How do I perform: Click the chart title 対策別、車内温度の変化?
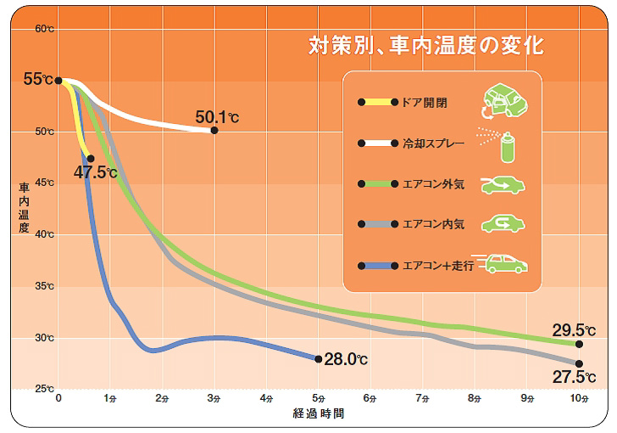[x=425, y=45]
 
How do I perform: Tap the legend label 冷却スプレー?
[x=433, y=143]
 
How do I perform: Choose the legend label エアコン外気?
[x=433, y=183]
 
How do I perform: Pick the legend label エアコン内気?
[x=433, y=224]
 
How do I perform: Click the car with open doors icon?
[x=503, y=102]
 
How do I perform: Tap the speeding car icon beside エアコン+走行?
[x=505, y=264]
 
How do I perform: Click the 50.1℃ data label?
[x=217, y=117]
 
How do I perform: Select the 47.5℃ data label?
[x=95, y=172]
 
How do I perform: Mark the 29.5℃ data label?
[x=574, y=330]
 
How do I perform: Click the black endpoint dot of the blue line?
[x=318, y=359]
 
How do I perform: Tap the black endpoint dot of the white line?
[x=214, y=130]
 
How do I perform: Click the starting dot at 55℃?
[x=58, y=81]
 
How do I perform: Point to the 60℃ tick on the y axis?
[x=44, y=29]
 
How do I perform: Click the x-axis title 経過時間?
[x=319, y=414]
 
